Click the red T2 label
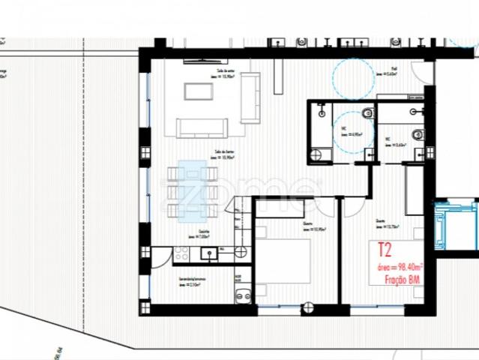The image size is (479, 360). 384,250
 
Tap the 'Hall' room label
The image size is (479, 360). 394,67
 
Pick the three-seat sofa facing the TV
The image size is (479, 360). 201,128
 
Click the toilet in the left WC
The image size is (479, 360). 367,113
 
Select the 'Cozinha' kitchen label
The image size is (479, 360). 203,232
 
